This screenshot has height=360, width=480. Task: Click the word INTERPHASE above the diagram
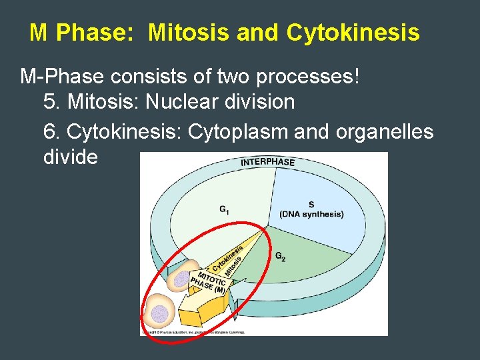(x=267, y=162)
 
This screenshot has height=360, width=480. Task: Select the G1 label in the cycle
(x=225, y=209)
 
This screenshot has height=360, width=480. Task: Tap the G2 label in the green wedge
(x=280, y=256)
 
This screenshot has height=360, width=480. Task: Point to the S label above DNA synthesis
(x=311, y=205)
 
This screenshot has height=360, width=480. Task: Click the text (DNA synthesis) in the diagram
(x=311, y=214)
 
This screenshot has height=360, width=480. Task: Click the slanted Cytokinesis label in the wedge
(x=228, y=259)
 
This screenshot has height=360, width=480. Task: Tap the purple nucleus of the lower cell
(x=159, y=313)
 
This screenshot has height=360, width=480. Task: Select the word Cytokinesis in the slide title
(x=353, y=33)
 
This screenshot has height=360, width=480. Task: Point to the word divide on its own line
(x=70, y=157)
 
